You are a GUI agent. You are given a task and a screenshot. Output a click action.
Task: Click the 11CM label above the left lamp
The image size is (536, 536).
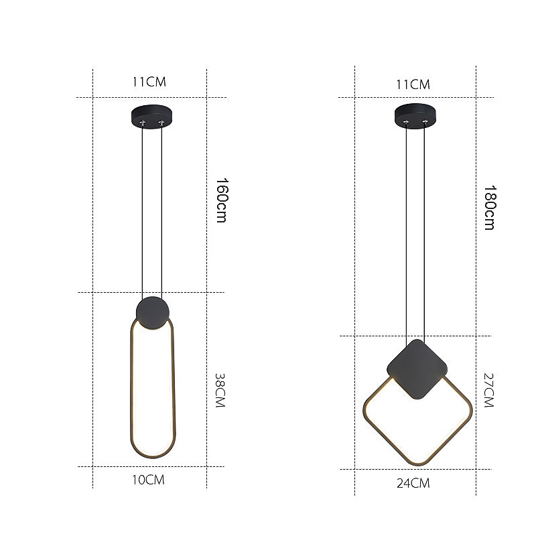pos(149,82)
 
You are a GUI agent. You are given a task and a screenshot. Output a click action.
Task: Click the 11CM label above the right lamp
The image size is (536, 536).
pos(413,84)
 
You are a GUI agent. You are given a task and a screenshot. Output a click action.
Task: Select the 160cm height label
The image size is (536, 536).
pos(220,200)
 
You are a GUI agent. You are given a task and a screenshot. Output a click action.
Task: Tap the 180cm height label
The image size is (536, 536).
pos(489,208)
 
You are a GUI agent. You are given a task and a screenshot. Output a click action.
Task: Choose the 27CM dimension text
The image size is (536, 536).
pos(487,391)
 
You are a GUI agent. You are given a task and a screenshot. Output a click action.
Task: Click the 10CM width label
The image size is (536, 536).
pos(148,480)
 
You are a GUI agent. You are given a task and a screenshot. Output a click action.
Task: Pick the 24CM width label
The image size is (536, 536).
pos(413,482)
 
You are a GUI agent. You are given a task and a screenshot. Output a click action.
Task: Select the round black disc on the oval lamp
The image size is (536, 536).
pos(153,312)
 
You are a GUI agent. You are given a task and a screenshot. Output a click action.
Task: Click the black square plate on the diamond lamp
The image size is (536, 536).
pos(417,370)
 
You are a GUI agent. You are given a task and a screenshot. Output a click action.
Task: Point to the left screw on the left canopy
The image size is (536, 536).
pos(143,123)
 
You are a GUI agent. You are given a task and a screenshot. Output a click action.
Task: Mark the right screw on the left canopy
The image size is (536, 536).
pos(161,123)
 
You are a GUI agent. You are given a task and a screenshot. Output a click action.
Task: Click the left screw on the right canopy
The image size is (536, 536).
pos(407,123)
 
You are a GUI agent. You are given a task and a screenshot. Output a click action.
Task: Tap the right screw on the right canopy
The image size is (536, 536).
pos(425,123)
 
